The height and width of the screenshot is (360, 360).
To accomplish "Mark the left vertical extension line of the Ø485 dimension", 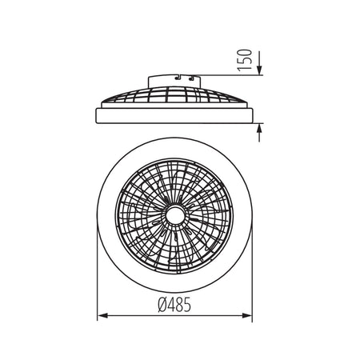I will coord(97,272).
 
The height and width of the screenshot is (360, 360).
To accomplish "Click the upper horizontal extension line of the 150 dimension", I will coord(232,76).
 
